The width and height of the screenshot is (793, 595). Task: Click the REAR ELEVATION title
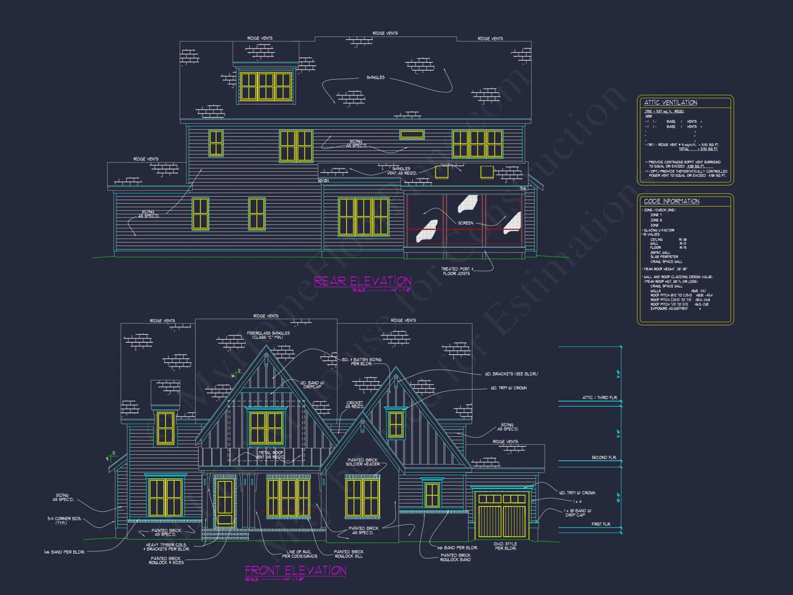(362, 281)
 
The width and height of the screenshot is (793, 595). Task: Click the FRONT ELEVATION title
(295, 570)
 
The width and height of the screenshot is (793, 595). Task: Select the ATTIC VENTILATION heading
(670, 102)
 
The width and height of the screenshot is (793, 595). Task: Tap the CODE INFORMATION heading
(671, 201)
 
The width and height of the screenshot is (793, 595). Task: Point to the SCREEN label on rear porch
(465, 223)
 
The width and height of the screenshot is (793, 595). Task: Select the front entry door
(225, 502)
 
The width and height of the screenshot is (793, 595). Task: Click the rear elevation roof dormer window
(266, 86)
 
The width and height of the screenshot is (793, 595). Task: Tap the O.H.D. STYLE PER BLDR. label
(505, 546)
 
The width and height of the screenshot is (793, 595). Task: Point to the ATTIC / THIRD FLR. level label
(600, 397)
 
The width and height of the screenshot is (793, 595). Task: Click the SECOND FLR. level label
(604, 457)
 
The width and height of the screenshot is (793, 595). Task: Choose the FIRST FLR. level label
(601, 524)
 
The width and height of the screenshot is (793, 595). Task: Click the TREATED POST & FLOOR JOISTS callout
(456, 271)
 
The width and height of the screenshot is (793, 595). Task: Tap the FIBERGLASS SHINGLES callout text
(268, 335)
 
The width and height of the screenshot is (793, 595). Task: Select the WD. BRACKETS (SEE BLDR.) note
(511, 374)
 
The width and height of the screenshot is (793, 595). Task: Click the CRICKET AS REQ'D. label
(354, 405)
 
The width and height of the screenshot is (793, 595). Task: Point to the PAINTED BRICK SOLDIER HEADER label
(362, 462)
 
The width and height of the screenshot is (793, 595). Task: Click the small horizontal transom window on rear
(412, 135)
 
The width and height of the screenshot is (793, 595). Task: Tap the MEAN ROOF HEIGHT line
(665, 269)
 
